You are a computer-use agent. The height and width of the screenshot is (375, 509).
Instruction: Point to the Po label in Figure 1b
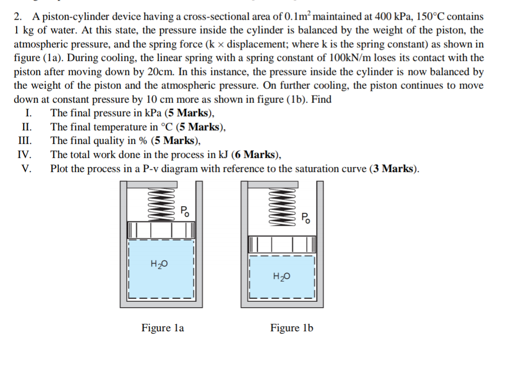(x=306, y=217)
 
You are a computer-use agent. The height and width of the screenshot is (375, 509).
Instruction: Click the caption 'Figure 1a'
(x=162, y=328)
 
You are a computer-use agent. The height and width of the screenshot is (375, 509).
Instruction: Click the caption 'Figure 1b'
(x=291, y=328)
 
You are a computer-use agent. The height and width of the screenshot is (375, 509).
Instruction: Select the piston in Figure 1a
(x=161, y=230)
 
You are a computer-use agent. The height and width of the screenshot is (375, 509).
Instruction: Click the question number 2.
(x=18, y=17)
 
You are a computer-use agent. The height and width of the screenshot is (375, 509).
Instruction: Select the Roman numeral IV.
(x=25, y=155)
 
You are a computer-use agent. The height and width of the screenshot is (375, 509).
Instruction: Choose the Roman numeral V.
(x=27, y=169)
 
